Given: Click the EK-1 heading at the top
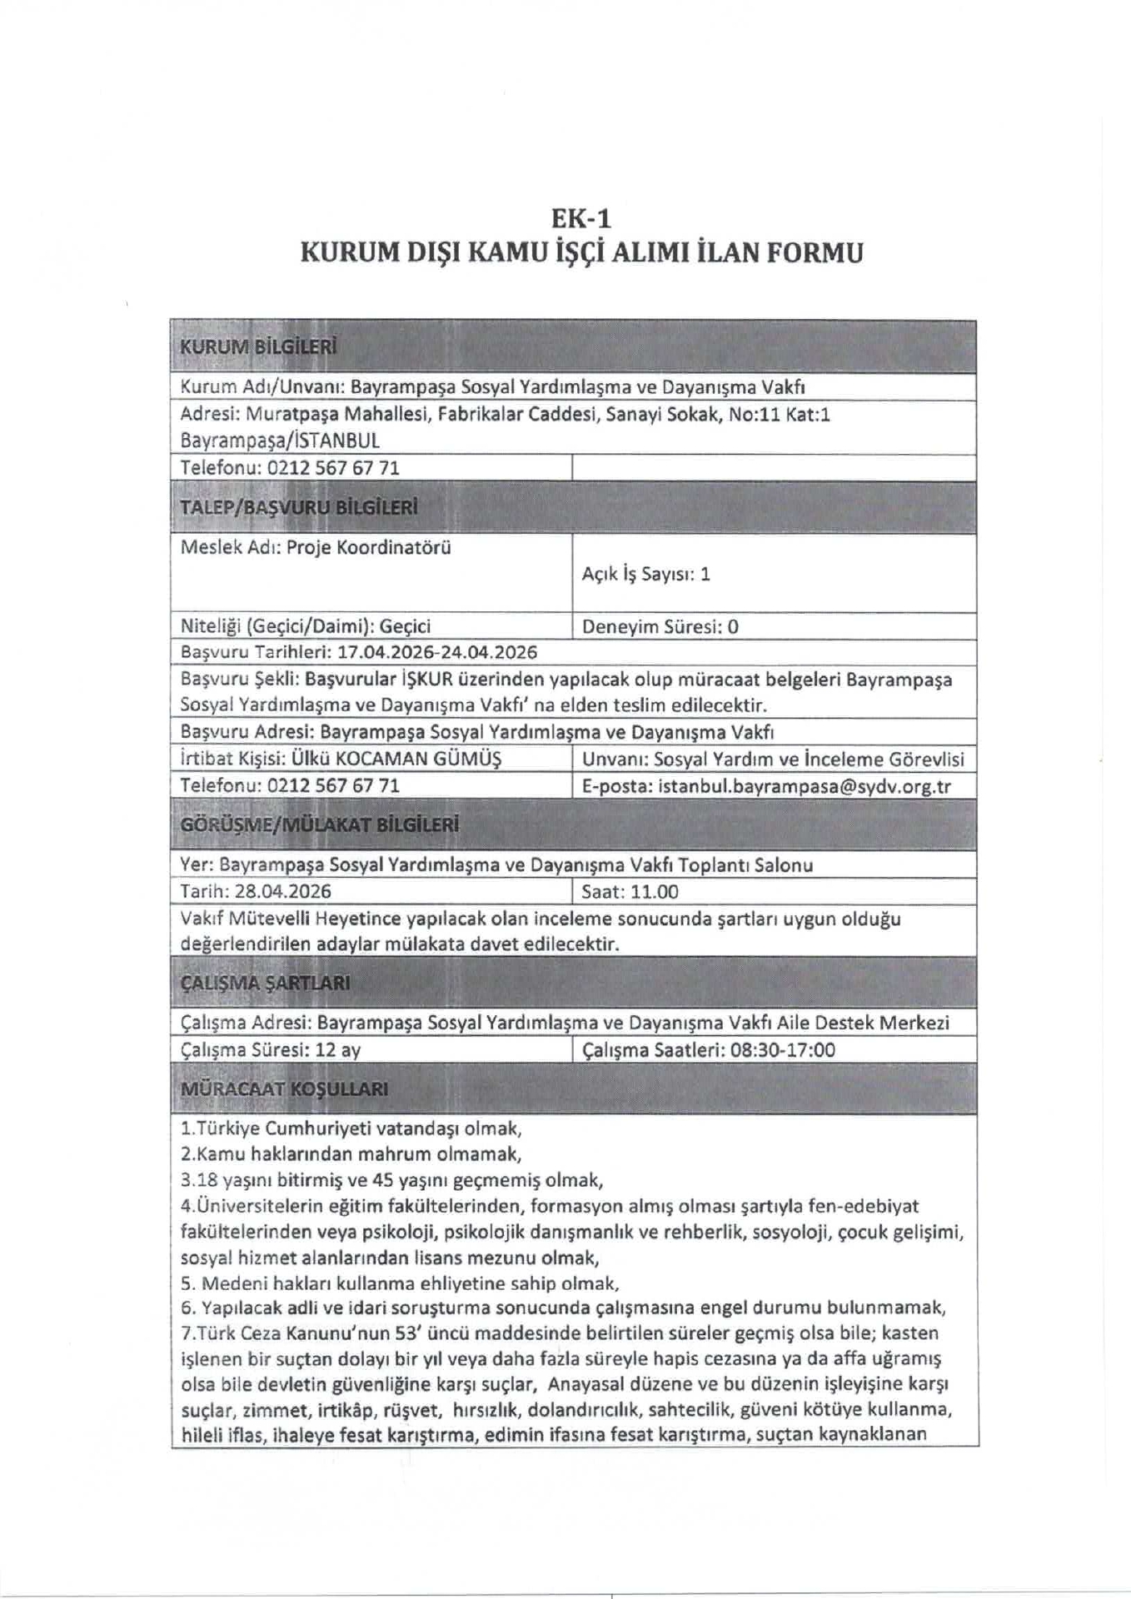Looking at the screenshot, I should click(x=581, y=218).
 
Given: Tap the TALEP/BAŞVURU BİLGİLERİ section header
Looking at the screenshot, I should click(x=299, y=507).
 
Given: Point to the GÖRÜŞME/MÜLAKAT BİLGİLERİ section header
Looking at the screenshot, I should click(x=320, y=825).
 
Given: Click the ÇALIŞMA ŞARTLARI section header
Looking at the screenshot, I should click(x=266, y=983).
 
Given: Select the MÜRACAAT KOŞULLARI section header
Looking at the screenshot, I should click(x=284, y=1089).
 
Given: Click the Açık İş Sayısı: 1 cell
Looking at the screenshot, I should click(x=646, y=574).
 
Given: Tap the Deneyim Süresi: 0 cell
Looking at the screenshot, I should click(x=660, y=626).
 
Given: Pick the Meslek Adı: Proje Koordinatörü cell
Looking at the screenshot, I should click(x=316, y=547).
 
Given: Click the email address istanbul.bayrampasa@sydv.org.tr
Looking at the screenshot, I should click(x=804, y=786).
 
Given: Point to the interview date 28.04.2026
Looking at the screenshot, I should click(x=282, y=892).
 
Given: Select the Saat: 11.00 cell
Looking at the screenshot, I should click(x=630, y=892).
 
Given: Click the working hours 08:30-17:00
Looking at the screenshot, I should click(x=782, y=1049).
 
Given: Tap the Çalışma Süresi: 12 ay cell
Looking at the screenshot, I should click(x=271, y=1049).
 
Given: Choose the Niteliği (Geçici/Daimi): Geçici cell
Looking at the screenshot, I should click(x=306, y=626).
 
